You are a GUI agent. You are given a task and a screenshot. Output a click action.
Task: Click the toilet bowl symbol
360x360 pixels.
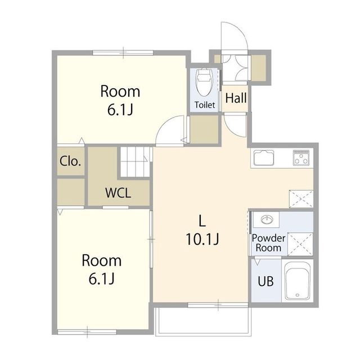tap(204, 83)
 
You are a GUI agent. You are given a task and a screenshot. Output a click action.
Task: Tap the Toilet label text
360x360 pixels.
tap(205, 105)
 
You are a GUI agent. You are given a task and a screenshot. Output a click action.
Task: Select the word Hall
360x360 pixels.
tap(236, 98)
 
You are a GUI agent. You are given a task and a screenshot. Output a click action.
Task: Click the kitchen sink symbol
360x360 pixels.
tap(264, 157)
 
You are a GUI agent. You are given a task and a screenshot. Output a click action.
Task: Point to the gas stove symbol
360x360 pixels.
tap(301, 157)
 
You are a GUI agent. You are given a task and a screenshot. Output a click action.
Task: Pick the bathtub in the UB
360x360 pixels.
tap(298, 281)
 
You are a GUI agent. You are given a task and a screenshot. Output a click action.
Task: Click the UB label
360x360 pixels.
tap(265, 281)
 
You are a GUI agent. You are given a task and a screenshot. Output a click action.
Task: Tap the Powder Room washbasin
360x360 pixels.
tap(267, 220)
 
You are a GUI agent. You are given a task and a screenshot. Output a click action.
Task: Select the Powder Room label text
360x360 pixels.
tap(268, 243)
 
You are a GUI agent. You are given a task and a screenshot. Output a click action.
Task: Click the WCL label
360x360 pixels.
tap(118, 193)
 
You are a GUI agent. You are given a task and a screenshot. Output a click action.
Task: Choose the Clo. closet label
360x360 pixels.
tap(70, 161)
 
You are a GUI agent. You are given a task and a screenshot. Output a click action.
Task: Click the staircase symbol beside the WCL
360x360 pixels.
tap(135, 162)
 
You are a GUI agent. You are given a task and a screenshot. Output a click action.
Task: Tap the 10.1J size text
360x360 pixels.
tap(202, 239)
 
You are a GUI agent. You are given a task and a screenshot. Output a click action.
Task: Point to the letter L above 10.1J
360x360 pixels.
tap(202, 221)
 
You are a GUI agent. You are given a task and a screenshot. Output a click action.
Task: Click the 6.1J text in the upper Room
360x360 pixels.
tap(120, 110)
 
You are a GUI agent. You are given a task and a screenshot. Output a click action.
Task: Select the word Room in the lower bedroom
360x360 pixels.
tap(101, 260)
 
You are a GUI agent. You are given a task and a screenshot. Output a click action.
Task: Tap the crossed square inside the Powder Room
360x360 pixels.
tap(300, 244)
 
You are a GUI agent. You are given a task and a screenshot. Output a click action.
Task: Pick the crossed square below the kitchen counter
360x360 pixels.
tap(301, 199)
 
